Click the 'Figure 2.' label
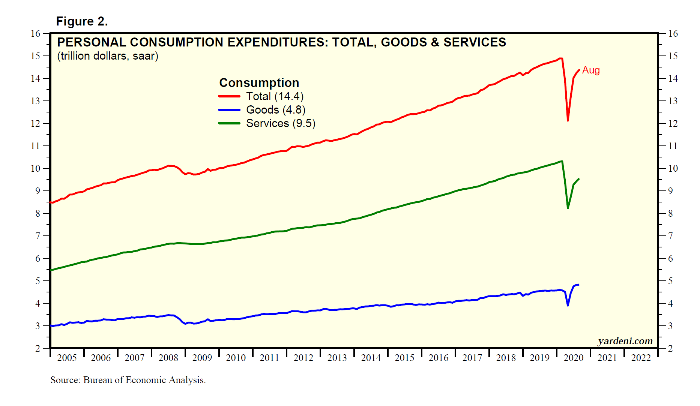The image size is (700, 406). (82, 21)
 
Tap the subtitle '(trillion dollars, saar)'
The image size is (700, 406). (108, 56)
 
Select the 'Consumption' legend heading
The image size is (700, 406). (259, 82)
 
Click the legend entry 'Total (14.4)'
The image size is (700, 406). (275, 96)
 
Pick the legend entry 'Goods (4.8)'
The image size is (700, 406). (276, 110)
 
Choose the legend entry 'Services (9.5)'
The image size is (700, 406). (281, 123)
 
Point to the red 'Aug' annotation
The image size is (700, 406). (591, 70)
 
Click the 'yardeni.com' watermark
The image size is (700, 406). (625, 341)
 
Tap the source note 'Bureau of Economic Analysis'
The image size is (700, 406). (144, 380)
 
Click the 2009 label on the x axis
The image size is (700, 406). (202, 358)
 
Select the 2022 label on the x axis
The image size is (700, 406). (641, 358)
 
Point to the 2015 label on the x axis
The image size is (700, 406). (405, 358)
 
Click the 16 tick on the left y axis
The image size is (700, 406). (35, 34)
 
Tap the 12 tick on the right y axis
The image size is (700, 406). (673, 124)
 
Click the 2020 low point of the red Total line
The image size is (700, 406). (568, 120)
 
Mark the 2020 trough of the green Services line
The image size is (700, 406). (568, 208)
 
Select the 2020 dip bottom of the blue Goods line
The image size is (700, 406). (568, 306)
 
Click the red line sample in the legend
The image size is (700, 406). (229, 96)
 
